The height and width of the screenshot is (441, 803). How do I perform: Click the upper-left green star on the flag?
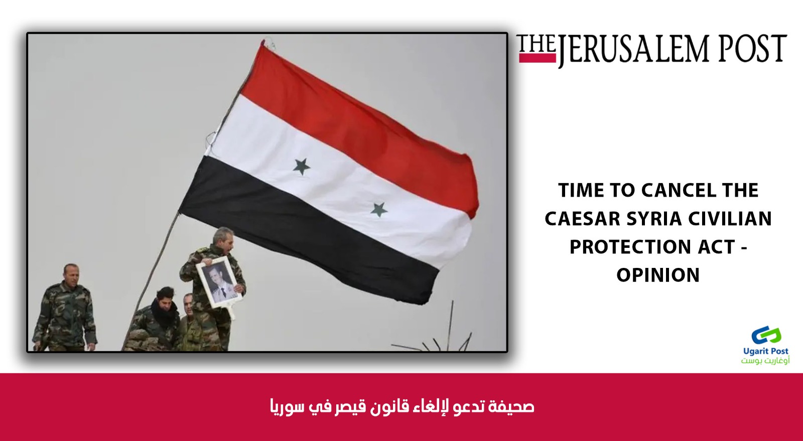(302, 167)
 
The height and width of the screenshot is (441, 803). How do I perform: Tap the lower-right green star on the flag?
(379, 210)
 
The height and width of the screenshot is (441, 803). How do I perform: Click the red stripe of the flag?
(358, 118)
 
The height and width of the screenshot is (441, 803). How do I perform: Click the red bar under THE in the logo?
(537, 58)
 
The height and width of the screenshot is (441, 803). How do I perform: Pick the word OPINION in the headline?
(658, 275)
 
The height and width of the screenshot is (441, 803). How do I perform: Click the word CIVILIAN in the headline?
(730, 219)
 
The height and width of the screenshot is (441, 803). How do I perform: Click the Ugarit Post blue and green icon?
(766, 336)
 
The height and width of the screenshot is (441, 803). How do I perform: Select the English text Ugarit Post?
(766, 351)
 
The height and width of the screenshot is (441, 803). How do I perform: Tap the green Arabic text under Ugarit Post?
(765, 360)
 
